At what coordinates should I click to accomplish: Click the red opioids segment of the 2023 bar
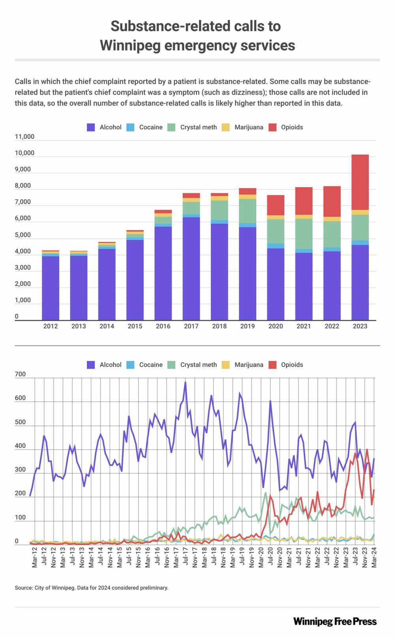click(360, 182)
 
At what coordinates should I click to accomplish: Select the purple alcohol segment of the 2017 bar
click(191, 269)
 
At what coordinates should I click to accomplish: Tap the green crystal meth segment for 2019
click(247, 211)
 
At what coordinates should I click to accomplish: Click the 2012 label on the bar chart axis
click(51, 326)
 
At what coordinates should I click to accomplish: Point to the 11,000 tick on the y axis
click(24, 137)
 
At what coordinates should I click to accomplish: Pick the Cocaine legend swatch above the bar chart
click(130, 127)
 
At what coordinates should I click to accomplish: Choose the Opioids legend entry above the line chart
click(292, 365)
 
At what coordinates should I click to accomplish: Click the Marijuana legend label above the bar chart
click(248, 127)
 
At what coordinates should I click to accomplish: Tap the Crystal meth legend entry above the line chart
click(198, 365)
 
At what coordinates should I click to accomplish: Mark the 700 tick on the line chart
click(20, 374)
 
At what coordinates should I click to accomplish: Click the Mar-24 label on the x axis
click(374, 557)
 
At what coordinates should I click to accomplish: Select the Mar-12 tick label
click(35, 557)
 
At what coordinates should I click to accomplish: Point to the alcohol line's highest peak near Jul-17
click(185, 382)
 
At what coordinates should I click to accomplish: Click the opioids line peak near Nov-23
click(367, 449)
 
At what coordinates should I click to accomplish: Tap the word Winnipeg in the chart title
click(130, 45)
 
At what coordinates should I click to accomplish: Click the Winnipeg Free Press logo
click(335, 621)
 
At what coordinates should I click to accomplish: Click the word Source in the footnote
click(23, 588)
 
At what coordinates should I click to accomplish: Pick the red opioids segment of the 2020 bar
click(276, 205)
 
